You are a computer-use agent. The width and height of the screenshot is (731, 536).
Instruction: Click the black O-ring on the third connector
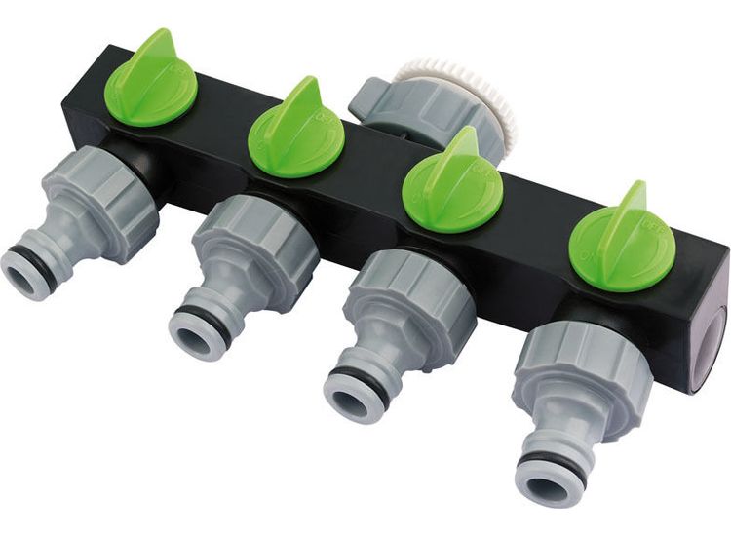pos(365,381)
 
